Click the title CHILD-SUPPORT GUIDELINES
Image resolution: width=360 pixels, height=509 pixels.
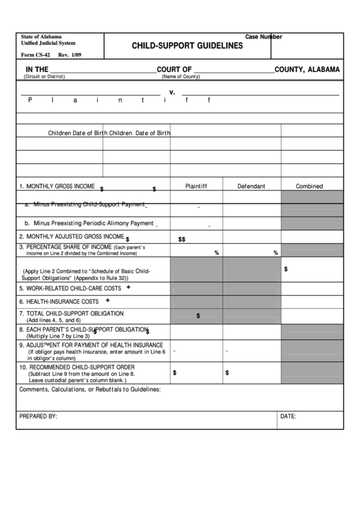(x=187, y=46)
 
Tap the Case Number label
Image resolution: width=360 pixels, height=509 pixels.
(x=263, y=37)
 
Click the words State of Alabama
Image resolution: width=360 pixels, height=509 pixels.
(x=41, y=37)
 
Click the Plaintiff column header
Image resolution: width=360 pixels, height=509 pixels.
(x=196, y=186)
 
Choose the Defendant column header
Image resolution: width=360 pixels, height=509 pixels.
(x=251, y=186)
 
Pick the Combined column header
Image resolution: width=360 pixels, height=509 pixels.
(x=309, y=186)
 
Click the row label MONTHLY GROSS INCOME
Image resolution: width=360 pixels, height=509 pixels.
(x=57, y=186)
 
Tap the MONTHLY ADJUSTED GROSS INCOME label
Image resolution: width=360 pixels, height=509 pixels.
(x=71, y=236)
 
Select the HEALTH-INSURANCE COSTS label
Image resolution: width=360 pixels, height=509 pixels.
(x=59, y=301)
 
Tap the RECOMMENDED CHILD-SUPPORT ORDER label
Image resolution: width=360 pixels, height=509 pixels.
(x=77, y=367)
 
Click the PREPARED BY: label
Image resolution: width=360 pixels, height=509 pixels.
(x=38, y=415)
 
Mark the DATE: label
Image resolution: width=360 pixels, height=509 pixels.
(x=288, y=415)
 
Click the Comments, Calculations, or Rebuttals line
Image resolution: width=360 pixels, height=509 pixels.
(x=90, y=389)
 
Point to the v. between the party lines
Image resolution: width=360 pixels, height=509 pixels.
(x=173, y=92)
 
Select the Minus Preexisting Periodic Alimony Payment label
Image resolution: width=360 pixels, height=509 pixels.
(x=90, y=223)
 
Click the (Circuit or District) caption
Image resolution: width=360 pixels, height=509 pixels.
(x=44, y=77)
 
